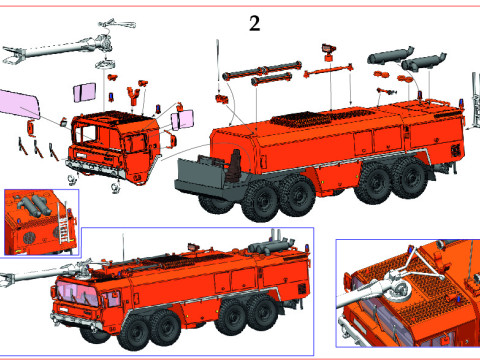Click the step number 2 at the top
pyautogui.click(x=255, y=23)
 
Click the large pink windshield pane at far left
pyautogui.click(x=19, y=104)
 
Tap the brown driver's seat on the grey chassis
pyautogui.click(x=235, y=166)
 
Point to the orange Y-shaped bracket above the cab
pyautogui.click(x=133, y=95)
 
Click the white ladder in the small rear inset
pyautogui.click(x=62, y=223)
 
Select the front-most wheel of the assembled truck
pyautogui.click(x=136, y=332)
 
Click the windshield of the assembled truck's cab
pyautogui.click(x=77, y=292)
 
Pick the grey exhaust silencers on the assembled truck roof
pyautogui.click(x=271, y=245)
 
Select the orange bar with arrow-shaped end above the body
pyautogui.click(x=328, y=71)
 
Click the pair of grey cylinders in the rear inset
pyautogui.click(x=34, y=205)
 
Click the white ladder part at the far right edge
pyautogui.click(x=474, y=99)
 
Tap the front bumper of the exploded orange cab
pyautogui.click(x=96, y=169)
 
